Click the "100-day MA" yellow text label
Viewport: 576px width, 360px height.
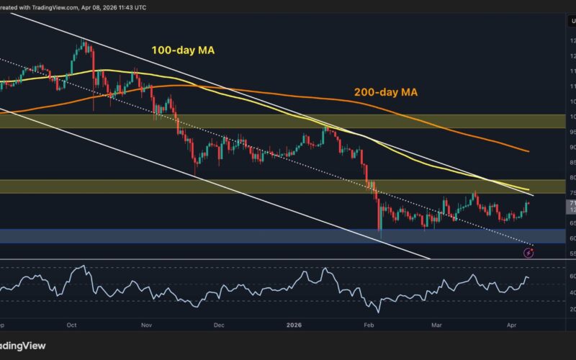tap(184, 50)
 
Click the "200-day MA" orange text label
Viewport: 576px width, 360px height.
tap(385, 92)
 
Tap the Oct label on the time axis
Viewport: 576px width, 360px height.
tap(72, 325)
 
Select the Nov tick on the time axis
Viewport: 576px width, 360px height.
tap(147, 325)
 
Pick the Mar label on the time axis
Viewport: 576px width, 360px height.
tap(436, 325)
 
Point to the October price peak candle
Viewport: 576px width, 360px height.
tap(86, 43)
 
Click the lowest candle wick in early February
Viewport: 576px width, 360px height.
tap(379, 257)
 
